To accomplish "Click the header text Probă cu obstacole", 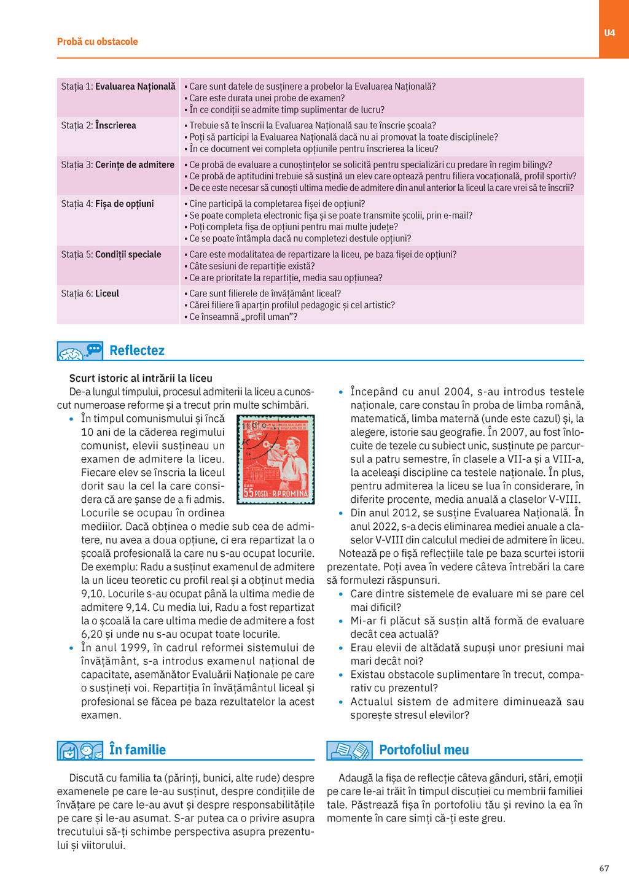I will (x=97, y=42).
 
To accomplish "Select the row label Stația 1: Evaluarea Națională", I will (x=118, y=87).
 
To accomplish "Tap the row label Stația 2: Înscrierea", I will (x=98, y=125).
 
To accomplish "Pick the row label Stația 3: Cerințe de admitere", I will (x=117, y=165).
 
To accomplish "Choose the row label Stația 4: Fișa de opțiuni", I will (x=107, y=204).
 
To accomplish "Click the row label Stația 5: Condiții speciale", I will (x=111, y=255).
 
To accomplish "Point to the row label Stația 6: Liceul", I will (x=90, y=293).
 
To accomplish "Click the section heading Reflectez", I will (x=136, y=351).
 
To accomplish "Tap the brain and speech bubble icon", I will (x=80, y=351).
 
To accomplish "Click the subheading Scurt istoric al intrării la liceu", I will (x=141, y=378).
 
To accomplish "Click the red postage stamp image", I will (x=276, y=459).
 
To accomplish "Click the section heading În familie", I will (x=137, y=750).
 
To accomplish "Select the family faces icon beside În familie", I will (x=80, y=750).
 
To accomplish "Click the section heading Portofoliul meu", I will (x=424, y=750).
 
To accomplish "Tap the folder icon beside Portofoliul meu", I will (x=349, y=750).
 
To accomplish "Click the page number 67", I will (x=604, y=868).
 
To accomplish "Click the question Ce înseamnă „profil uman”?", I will (x=243, y=317).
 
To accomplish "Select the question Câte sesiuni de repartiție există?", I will (x=252, y=266).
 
